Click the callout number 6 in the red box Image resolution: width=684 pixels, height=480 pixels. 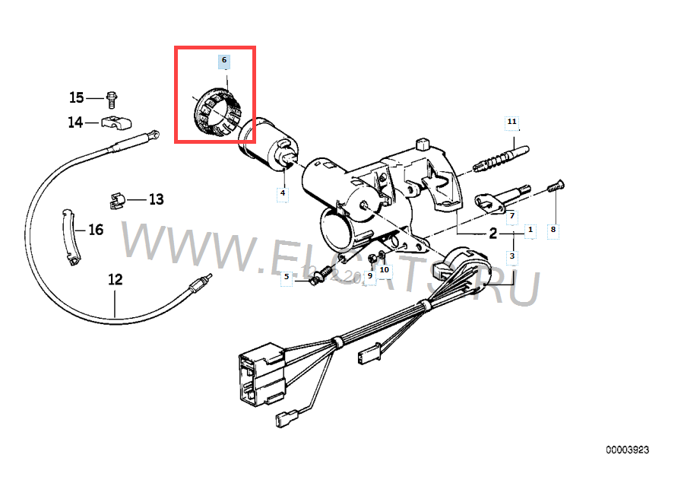pyautogui.click(x=223, y=59)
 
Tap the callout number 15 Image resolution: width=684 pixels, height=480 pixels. pyautogui.click(x=77, y=97)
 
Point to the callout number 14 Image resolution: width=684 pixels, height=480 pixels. pyautogui.click(x=76, y=122)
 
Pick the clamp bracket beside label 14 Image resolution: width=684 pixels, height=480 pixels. pyautogui.click(x=117, y=120)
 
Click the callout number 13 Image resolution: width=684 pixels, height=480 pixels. pyautogui.click(x=156, y=200)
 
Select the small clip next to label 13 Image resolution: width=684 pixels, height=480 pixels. pyautogui.click(x=115, y=201)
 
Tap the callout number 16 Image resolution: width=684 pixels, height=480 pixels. pyautogui.click(x=96, y=230)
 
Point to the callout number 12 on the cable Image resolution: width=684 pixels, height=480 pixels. pyautogui.click(x=115, y=279)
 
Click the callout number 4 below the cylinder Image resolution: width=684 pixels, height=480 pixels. pyautogui.click(x=282, y=193)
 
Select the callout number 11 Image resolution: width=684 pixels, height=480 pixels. pyautogui.click(x=511, y=122)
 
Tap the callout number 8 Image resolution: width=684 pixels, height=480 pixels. pyautogui.click(x=553, y=228)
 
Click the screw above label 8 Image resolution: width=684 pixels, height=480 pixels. pyautogui.click(x=553, y=187)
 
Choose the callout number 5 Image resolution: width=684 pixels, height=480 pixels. pyautogui.click(x=287, y=277)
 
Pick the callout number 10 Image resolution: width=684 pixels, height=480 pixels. pyautogui.click(x=384, y=269)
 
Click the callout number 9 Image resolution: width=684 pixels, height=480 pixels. pyautogui.click(x=370, y=275)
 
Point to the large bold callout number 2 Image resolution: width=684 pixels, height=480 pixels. pyautogui.click(x=492, y=234)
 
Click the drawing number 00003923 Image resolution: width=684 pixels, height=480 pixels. pyautogui.click(x=628, y=450)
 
